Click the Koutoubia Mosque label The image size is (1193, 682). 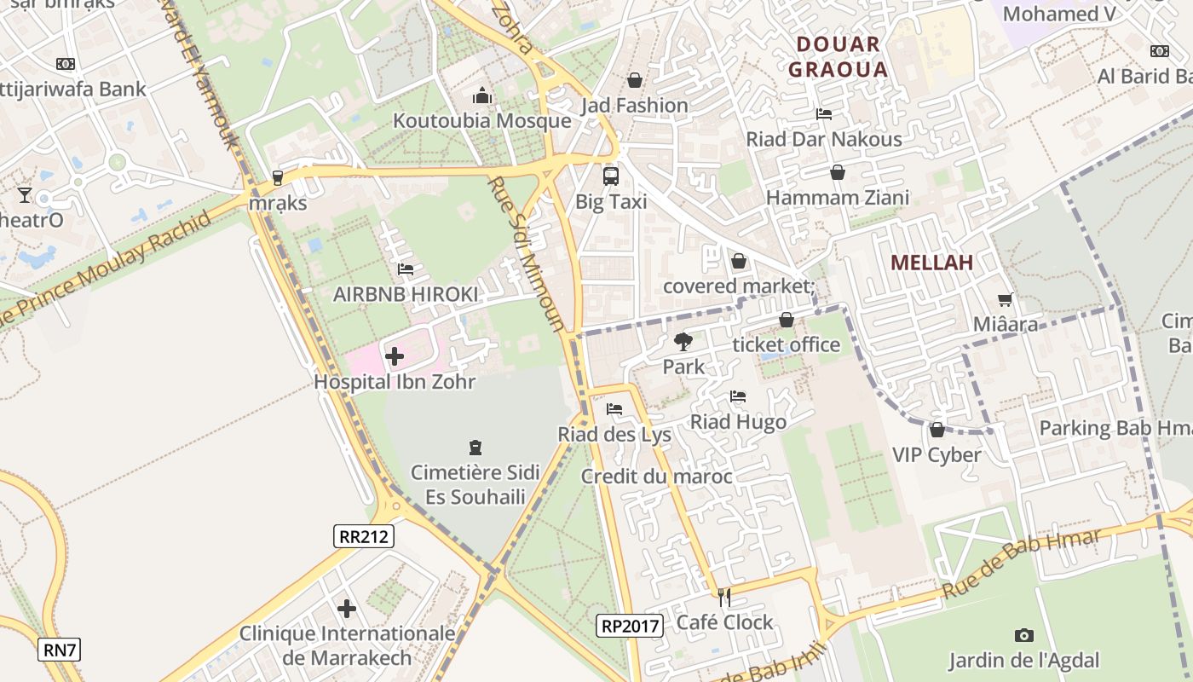point(481,120)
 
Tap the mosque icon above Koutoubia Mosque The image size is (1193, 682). point(481,95)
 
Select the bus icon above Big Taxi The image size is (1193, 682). point(611,176)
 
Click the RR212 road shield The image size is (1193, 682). point(364,536)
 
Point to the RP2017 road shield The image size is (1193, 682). point(630,626)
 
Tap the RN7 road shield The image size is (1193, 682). point(60,650)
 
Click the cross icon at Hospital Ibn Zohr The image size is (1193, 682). point(395,355)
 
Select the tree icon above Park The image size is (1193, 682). point(683,342)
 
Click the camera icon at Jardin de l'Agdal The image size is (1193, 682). point(1024,635)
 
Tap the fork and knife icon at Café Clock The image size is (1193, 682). point(724,598)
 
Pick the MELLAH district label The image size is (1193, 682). point(932,263)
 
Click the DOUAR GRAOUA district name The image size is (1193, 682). point(838,57)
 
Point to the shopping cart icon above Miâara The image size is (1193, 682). point(1006,299)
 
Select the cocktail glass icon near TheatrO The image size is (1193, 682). point(24,195)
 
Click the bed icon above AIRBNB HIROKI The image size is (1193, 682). point(406,269)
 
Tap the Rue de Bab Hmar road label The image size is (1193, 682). point(1022,563)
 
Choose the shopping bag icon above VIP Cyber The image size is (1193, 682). point(937,430)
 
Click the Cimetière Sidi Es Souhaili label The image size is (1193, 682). point(475,484)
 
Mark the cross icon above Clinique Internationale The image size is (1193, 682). point(347,609)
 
